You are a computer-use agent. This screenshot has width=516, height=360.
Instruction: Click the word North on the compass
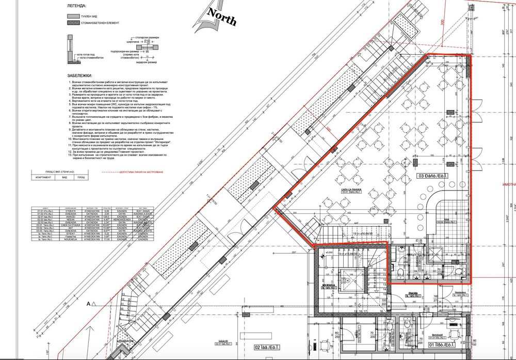tap(221, 17)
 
